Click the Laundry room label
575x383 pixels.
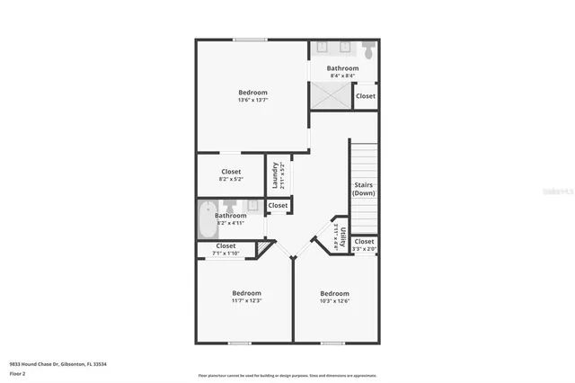coord(276,175)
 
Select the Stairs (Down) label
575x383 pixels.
coord(363,189)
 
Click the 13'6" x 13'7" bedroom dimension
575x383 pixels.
coord(252,101)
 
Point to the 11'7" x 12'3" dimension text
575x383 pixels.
coord(246,301)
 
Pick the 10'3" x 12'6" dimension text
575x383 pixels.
coord(334,301)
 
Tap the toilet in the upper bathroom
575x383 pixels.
coord(367,49)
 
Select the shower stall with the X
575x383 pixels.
coord(330,95)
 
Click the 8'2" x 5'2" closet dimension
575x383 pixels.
coord(231,179)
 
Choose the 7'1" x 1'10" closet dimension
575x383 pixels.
coord(226,254)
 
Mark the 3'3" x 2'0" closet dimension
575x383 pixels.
coord(364,249)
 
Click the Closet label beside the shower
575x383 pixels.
coord(366,96)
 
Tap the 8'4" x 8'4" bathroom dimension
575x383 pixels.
coord(342,76)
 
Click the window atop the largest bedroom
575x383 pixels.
coord(250,39)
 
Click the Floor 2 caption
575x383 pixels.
coord(17,373)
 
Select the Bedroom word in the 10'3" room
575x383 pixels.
coord(334,293)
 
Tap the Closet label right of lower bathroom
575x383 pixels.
coord(278,206)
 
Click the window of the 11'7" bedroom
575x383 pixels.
coord(239,343)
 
